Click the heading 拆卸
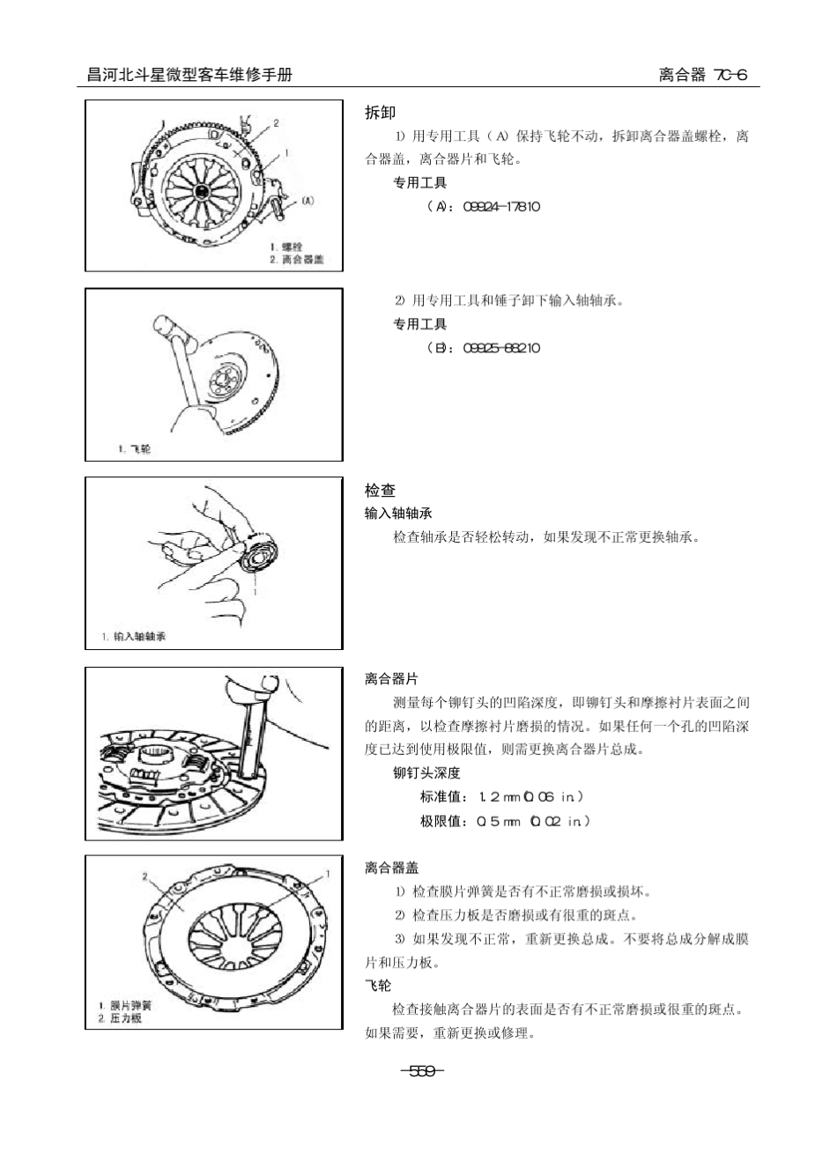[x=380, y=113]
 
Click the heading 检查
[x=380, y=491]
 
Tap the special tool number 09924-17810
[x=500, y=207]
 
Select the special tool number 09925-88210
[x=500, y=348]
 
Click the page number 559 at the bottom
[x=421, y=1071]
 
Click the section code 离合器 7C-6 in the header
[x=702, y=75]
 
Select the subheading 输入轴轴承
[x=398, y=514]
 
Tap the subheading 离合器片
[x=391, y=679]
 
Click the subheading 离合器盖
[x=391, y=868]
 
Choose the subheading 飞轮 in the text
[x=378, y=986]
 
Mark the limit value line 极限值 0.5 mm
[x=504, y=821]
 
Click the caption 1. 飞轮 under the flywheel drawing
[x=134, y=449]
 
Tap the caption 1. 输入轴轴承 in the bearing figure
[x=133, y=637]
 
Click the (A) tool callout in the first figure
[x=307, y=200]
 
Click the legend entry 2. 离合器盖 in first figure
[x=296, y=259]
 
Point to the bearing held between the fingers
[x=261, y=556]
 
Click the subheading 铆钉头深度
[x=426, y=773]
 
